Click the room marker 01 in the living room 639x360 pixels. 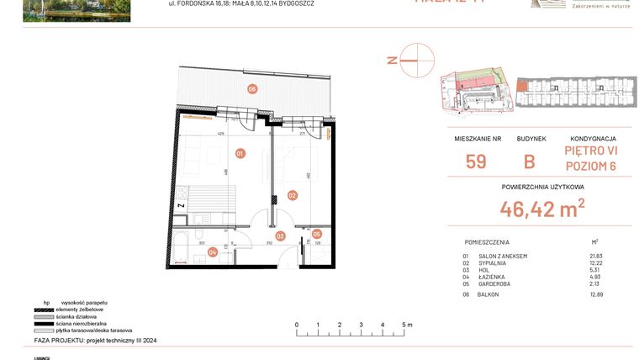coord(240,154)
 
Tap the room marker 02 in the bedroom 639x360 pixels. coord(293,195)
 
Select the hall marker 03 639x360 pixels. coord(280,236)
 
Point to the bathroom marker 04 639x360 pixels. coord(213,251)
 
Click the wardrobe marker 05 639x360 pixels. coord(317,234)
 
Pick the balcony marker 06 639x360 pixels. coord(251,88)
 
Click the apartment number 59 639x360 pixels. coord(476,161)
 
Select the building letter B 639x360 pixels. coord(530,161)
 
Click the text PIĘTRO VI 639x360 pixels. coord(593,151)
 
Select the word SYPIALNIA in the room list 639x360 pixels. coord(493,263)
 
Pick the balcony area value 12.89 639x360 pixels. coord(597,294)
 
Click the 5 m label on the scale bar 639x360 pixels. coord(405,324)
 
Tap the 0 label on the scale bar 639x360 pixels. coord(296,324)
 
